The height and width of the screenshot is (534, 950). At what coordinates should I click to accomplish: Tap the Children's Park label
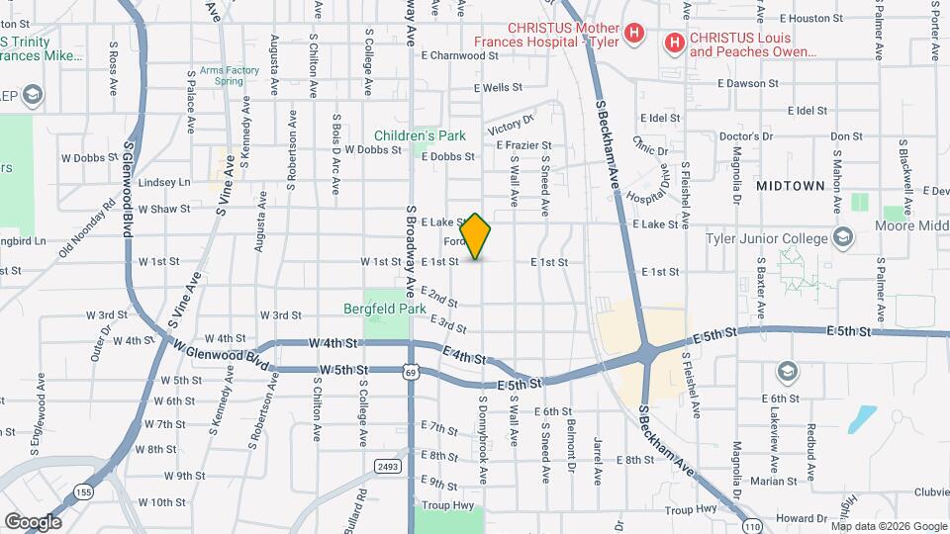pyautogui.click(x=420, y=135)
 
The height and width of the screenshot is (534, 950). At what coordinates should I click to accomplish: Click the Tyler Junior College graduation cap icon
pyautogui.click(x=842, y=238)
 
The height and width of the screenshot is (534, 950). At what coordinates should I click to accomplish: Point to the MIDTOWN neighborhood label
pyautogui.click(x=790, y=186)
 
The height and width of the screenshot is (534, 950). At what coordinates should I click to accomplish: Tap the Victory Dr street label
pyautogui.click(x=511, y=125)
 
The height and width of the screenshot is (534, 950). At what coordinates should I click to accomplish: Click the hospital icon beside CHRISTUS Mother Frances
pyautogui.click(x=634, y=35)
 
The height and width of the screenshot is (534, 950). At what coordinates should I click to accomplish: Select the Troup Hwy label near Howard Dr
pyautogui.click(x=691, y=509)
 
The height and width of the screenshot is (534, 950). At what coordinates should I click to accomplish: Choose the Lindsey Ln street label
pyautogui.click(x=164, y=183)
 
